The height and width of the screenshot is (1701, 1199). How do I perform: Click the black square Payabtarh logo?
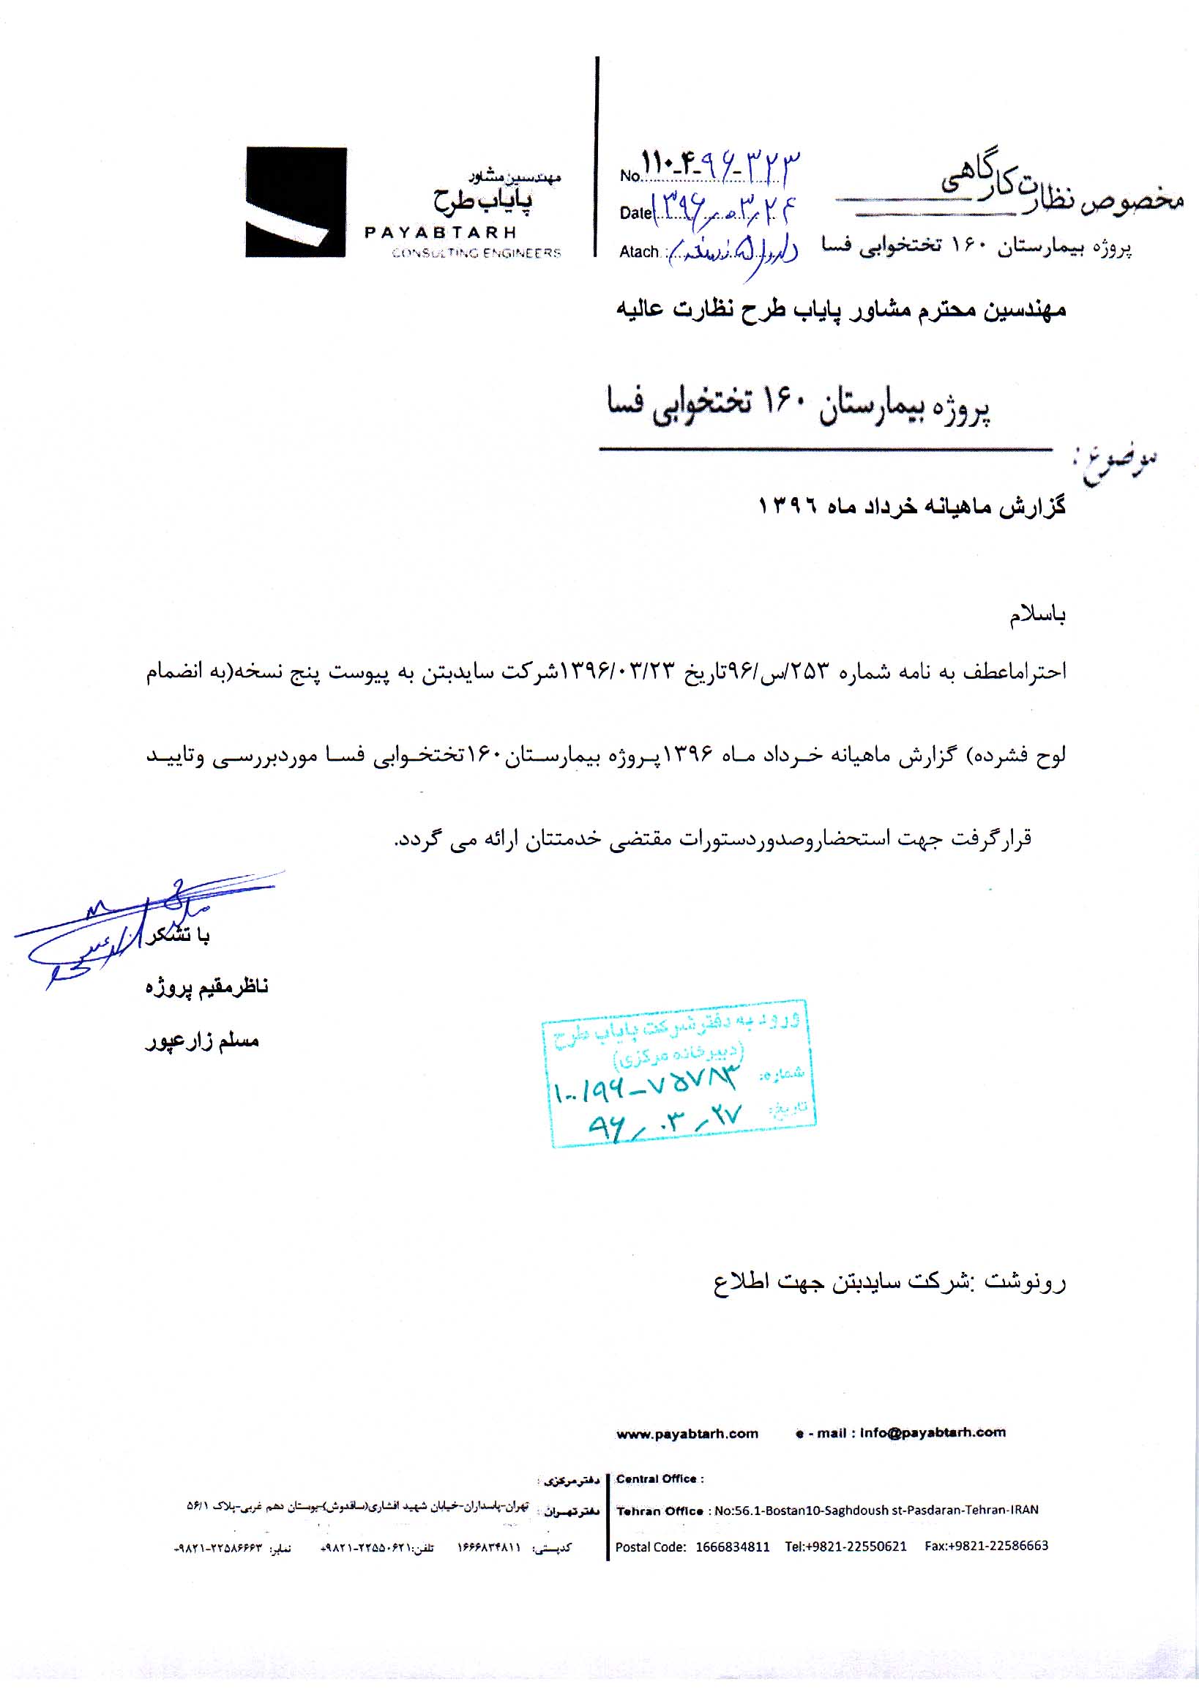coord(296,202)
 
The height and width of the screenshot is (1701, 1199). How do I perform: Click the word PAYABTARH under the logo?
coord(440,233)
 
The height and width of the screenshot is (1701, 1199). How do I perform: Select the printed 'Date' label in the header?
coord(635,213)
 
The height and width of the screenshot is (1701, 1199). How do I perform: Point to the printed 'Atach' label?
coord(639,252)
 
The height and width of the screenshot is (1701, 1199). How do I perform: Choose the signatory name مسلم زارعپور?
coord(201,1041)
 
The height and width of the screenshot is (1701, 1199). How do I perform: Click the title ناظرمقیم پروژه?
coord(206,987)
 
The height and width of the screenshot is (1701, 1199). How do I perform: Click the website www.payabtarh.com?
coord(687,1434)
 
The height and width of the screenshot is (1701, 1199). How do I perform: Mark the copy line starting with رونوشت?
coord(889,1281)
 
